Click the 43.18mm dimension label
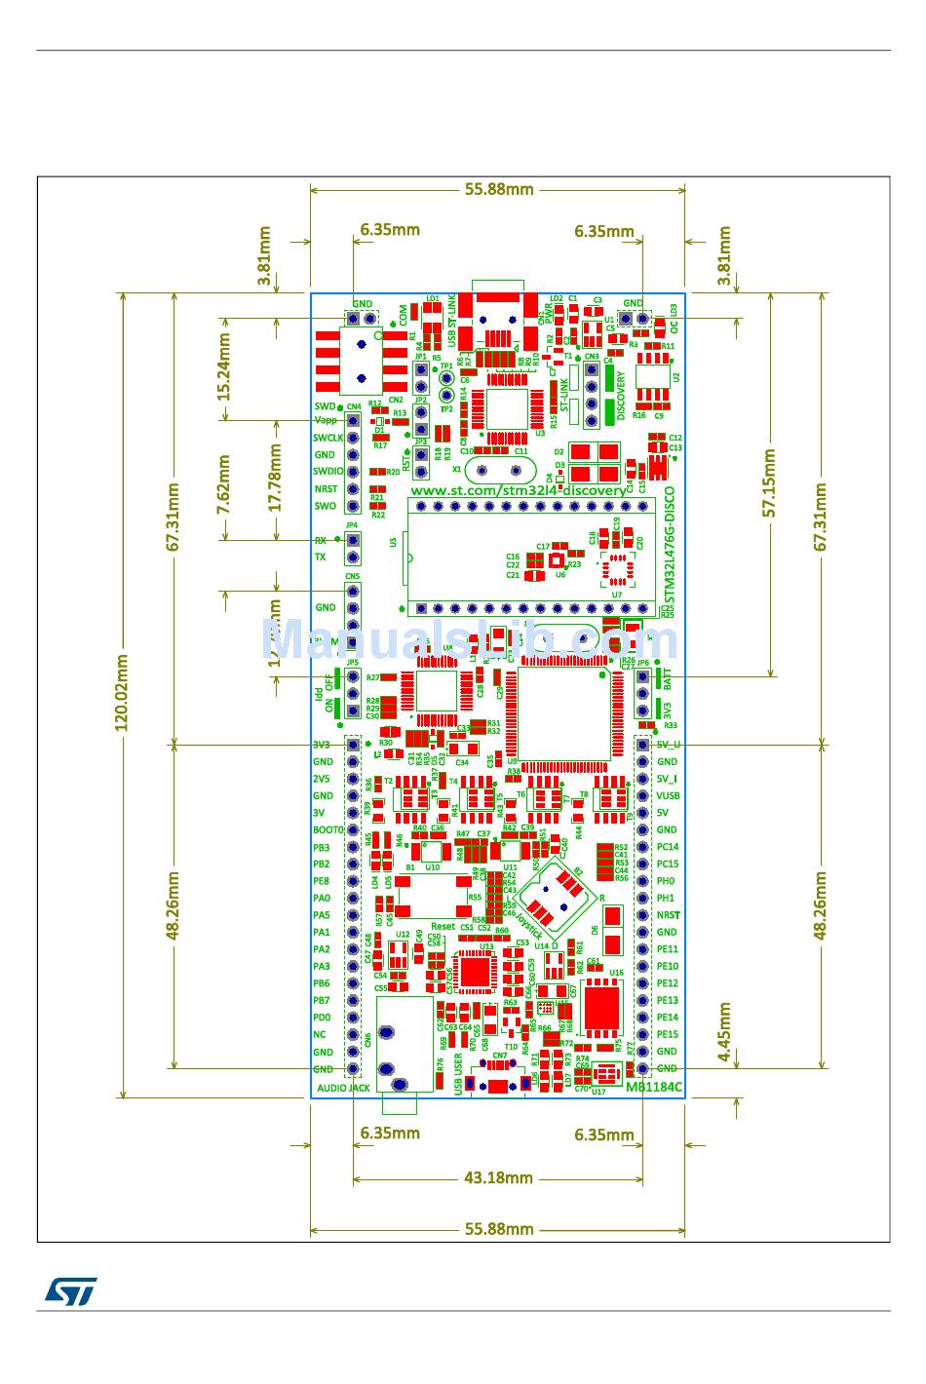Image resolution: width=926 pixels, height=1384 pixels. click(x=498, y=1177)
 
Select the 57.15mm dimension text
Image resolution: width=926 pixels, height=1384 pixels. click(x=769, y=483)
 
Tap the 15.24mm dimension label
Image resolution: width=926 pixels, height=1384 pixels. click(x=223, y=367)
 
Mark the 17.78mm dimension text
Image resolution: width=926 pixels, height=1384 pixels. click(x=275, y=479)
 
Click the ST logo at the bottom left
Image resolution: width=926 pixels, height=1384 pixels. click(x=70, y=1291)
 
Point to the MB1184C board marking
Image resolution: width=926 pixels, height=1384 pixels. click(x=653, y=1087)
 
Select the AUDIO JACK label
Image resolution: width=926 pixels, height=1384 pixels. click(x=343, y=1088)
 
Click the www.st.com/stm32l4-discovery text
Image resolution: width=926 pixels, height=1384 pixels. click(x=518, y=490)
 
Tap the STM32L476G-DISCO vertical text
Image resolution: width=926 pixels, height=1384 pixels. click(x=668, y=547)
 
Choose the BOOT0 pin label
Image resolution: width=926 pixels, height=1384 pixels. click(x=328, y=829)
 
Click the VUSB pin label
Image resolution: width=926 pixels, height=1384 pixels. click(x=668, y=795)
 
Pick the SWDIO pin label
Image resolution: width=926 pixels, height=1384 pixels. click(x=328, y=472)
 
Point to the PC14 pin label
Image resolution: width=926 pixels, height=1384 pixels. click(x=668, y=847)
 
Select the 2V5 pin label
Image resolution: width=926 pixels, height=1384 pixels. click(x=322, y=779)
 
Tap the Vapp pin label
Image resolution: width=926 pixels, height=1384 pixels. click(x=326, y=420)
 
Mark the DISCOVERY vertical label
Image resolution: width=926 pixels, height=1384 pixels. click(x=622, y=396)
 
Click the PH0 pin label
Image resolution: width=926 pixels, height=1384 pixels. click(x=666, y=881)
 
